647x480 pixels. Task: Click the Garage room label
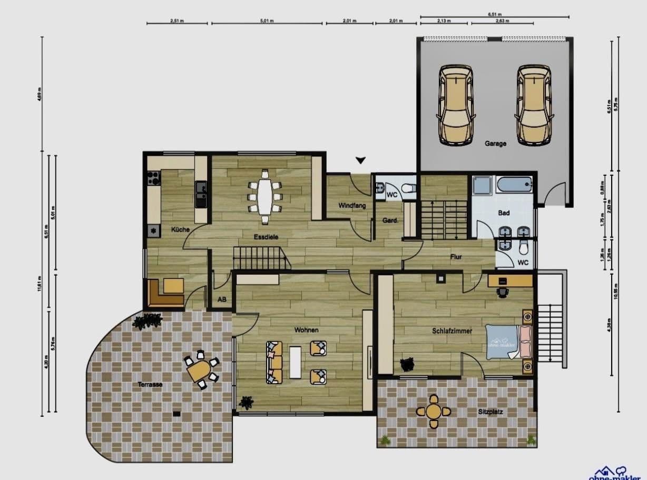pos(495,143)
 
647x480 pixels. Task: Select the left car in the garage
pos(456,105)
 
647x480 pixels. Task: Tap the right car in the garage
pos(534,105)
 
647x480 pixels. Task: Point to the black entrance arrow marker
pos(360,160)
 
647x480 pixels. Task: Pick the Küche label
pos(180,229)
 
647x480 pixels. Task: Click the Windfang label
pos(352,206)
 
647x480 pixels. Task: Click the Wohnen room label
pos(306,330)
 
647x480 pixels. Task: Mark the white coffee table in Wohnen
pos(296,362)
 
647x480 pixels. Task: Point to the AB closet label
pos(222,299)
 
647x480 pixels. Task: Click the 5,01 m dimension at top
pos(267,21)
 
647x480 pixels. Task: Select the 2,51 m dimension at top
pos(177,21)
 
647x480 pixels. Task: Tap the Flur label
pos(456,257)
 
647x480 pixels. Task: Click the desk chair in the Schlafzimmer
pos(503,292)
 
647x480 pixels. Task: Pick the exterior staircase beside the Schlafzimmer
pos(551,332)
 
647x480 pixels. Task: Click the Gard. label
pos(390,221)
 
